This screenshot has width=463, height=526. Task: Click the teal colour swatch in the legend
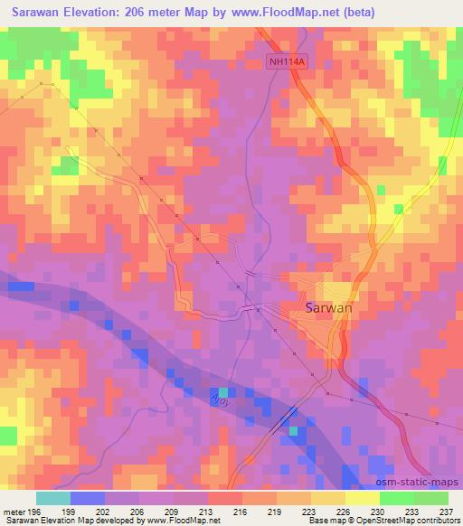53,498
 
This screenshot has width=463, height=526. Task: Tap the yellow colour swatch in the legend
363,498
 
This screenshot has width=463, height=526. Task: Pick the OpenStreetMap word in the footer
371,521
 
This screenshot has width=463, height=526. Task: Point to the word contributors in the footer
433,521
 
